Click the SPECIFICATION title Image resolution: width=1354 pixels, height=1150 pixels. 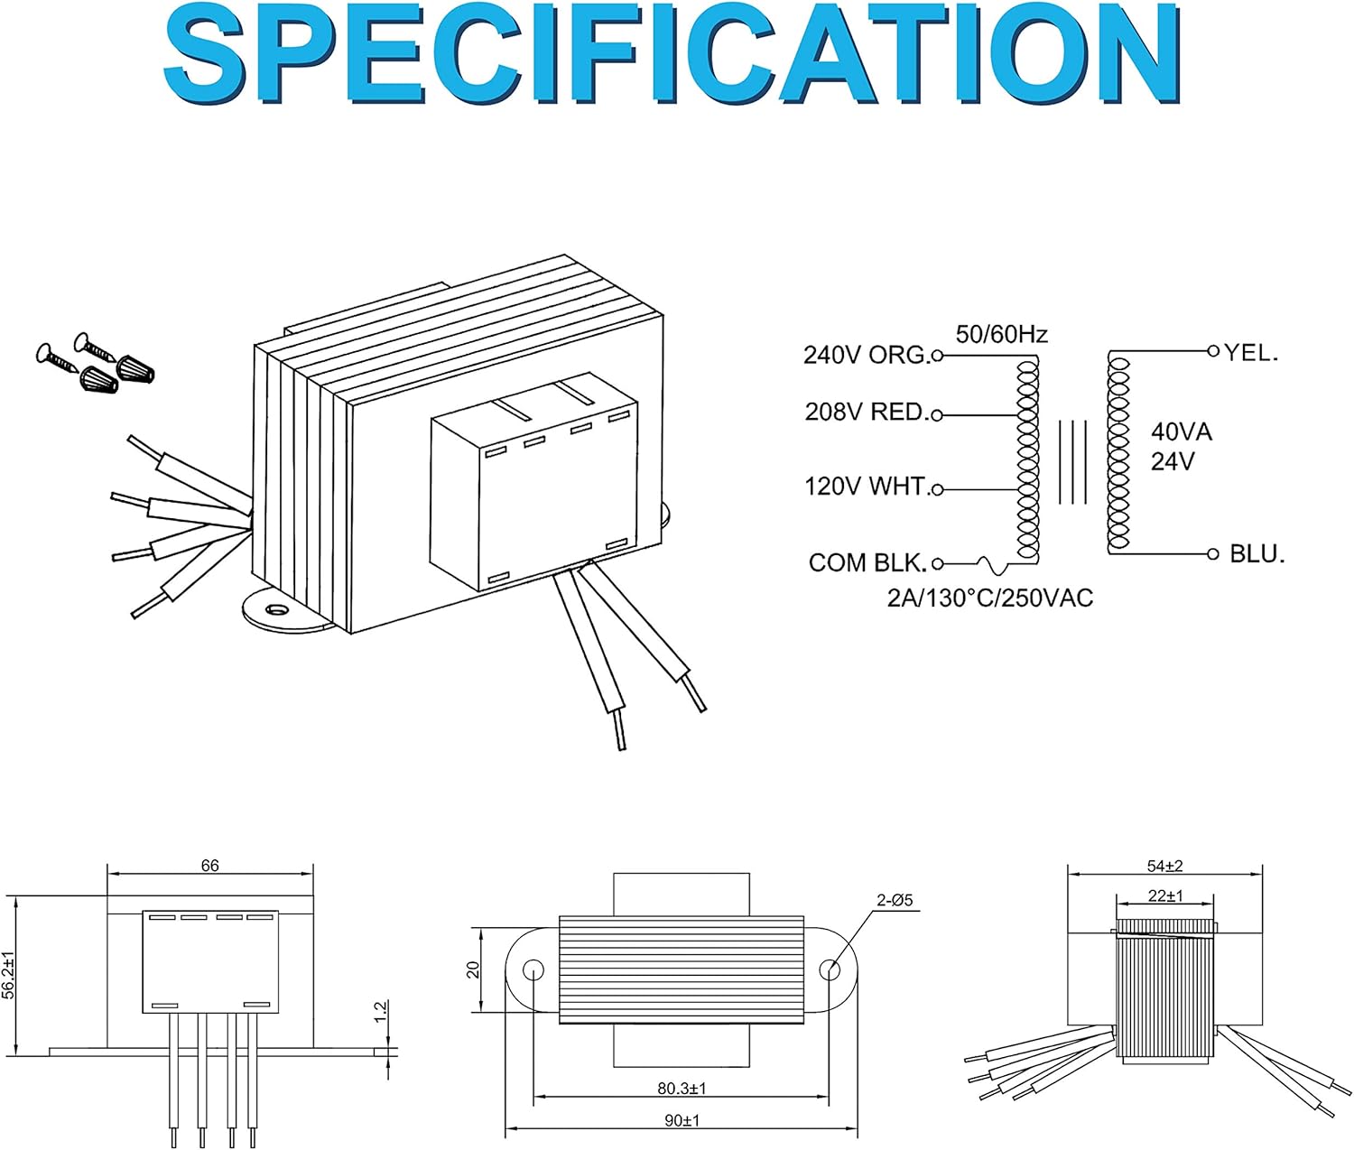tap(672, 56)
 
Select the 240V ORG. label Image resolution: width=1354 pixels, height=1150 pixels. tap(865, 356)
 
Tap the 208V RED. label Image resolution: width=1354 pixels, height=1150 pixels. tap(866, 413)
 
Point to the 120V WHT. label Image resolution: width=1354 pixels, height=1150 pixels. tap(866, 487)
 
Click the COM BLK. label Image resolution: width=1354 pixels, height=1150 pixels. tap(867, 563)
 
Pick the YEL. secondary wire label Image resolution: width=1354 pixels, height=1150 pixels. tap(1251, 353)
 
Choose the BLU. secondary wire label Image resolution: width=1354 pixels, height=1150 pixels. tap(1257, 554)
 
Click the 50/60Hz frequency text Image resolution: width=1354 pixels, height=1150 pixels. tap(1001, 335)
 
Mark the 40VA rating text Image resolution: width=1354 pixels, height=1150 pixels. tap(1181, 431)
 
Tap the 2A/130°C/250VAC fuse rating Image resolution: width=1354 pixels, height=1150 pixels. tap(989, 598)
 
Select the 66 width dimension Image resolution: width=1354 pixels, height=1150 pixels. tap(209, 866)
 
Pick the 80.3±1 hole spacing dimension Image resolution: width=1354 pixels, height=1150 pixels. tap(682, 1089)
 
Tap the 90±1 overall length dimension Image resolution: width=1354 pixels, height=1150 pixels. tap(682, 1120)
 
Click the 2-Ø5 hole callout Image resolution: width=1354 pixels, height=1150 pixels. tap(895, 900)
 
